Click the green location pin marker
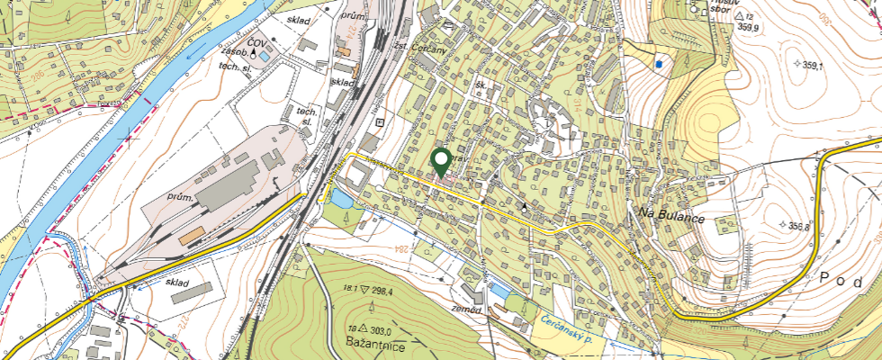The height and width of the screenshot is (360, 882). click(441, 162)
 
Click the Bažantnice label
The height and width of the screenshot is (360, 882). click(374, 345)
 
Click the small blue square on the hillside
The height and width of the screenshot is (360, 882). click(659, 64)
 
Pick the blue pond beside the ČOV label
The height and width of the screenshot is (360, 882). click(262, 55)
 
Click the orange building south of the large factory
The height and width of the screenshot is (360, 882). click(191, 237)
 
